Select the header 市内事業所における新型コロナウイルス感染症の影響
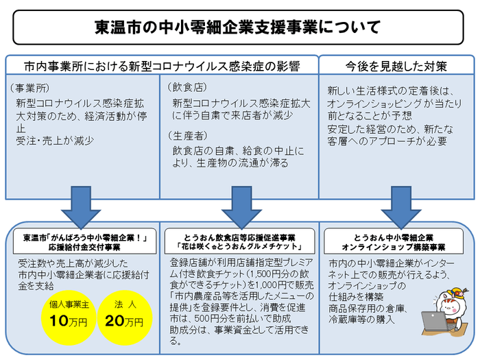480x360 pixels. (162, 67)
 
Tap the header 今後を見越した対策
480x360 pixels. (397, 67)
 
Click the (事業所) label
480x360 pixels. (30, 88)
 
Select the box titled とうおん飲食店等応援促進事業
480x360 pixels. (240, 241)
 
